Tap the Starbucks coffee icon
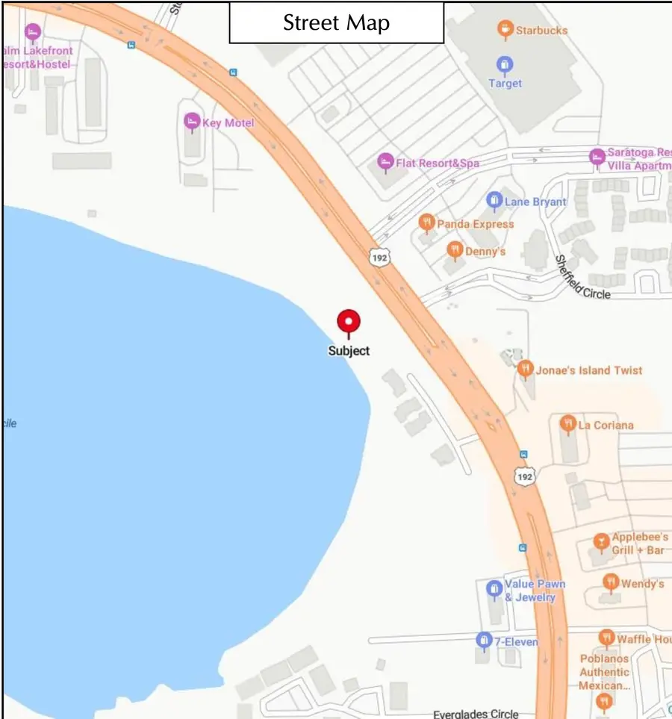pyautogui.click(x=505, y=30)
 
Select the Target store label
pyautogui.click(x=505, y=83)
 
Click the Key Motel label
pyautogui.click(x=228, y=122)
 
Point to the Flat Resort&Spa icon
pyautogui.click(x=385, y=161)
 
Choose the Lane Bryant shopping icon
pyautogui.click(x=494, y=200)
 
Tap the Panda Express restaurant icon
pyautogui.click(x=426, y=222)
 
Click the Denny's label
pyautogui.click(x=485, y=251)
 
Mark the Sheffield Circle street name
pyautogui.click(x=582, y=278)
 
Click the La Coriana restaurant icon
pyautogui.click(x=567, y=424)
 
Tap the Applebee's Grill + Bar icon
pyautogui.click(x=601, y=541)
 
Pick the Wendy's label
pyautogui.click(x=642, y=583)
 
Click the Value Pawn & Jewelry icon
pyautogui.click(x=494, y=589)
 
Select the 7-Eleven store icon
pyautogui.click(x=484, y=640)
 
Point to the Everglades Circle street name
pyautogui.click(x=476, y=714)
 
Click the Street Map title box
pyautogui.click(x=336, y=22)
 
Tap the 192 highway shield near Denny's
pyautogui.click(x=379, y=258)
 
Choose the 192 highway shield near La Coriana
pyautogui.click(x=524, y=476)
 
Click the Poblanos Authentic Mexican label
pyautogui.click(x=605, y=672)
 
